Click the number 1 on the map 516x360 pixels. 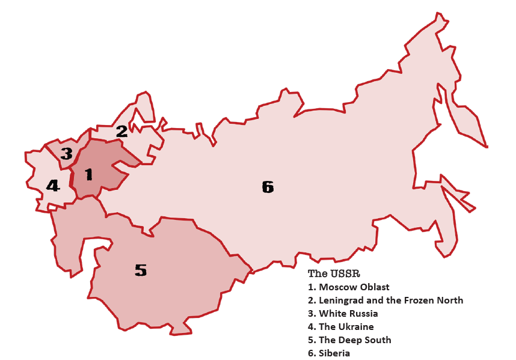tap(89, 175)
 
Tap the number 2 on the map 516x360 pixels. tap(121, 131)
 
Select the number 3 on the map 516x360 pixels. tap(66, 154)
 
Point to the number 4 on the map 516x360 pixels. tap(53, 186)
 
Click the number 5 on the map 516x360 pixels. tap(140, 270)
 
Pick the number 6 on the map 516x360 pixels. tap(268, 188)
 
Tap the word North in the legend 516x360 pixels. tap(450, 301)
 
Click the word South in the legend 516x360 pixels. tap(379, 340)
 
